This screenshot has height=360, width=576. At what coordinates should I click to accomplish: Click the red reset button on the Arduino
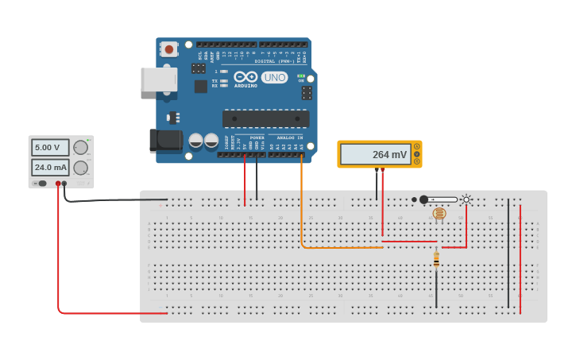point(168,49)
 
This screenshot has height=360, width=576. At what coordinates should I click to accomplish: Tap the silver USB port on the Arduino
point(158,79)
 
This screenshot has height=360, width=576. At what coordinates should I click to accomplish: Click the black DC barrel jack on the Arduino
point(166,141)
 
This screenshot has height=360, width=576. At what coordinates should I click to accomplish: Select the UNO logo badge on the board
point(274,77)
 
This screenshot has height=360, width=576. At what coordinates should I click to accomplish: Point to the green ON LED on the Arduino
point(301,75)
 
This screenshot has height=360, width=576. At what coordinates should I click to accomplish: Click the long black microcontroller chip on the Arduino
point(265,118)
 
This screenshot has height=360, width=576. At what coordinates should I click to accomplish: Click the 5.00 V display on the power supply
point(50,147)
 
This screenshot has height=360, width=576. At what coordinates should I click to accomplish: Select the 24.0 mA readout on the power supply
point(50,168)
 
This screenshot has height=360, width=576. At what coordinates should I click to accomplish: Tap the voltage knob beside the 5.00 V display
point(80,147)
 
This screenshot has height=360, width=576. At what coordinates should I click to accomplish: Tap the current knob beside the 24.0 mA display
point(80,168)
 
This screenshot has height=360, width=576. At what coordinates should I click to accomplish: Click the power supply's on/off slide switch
point(40,184)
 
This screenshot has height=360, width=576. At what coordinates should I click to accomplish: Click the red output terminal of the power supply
point(58,184)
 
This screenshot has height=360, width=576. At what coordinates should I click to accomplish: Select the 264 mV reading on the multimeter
point(375,154)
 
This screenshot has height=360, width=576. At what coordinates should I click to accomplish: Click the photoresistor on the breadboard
point(439,213)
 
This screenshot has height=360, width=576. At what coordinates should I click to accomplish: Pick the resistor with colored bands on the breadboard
point(436,259)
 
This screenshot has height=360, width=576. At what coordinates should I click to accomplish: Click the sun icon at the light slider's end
point(466,199)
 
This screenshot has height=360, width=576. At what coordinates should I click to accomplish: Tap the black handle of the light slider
point(424,199)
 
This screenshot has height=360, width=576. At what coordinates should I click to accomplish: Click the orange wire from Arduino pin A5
point(301,207)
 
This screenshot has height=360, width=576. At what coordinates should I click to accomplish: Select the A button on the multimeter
point(416,147)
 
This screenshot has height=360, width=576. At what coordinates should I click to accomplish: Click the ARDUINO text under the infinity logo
point(245,85)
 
